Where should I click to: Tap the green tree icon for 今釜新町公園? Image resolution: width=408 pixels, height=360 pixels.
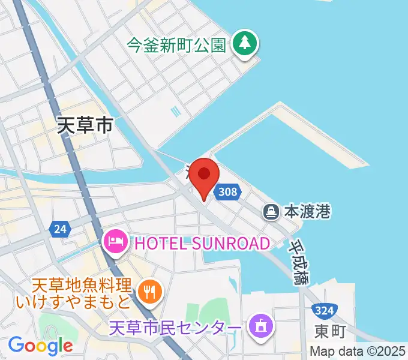tap(244, 43)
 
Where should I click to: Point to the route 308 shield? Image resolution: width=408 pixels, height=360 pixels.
tap(228, 192)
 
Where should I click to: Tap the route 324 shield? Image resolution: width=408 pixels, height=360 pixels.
tap(323, 310)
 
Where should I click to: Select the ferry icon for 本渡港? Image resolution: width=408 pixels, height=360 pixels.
tap(271, 211)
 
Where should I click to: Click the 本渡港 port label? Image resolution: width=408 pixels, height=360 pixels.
tap(307, 211)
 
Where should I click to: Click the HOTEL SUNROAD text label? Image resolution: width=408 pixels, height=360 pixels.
tap(202, 243)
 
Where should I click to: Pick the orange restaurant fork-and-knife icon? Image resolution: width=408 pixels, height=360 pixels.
tap(148, 292)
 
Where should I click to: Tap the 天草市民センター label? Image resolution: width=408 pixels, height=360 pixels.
tap(176, 328)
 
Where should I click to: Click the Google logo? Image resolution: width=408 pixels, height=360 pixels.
tap(40, 346)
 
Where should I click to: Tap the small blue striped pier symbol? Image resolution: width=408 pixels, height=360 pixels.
tap(175, 112)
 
